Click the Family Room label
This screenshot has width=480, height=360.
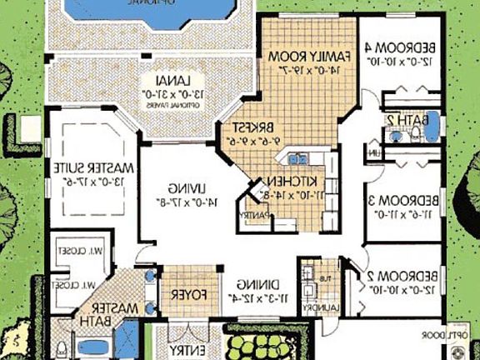[301, 55]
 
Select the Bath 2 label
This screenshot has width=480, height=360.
[401, 121]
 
